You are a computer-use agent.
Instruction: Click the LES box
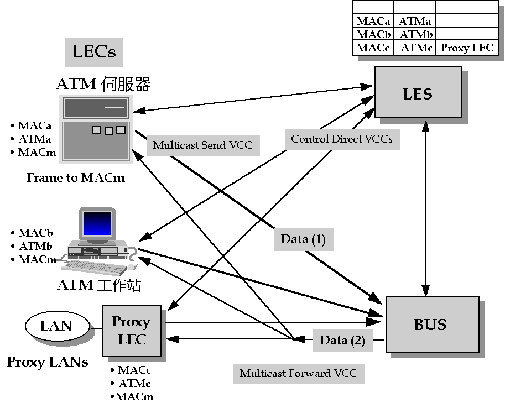(418, 92)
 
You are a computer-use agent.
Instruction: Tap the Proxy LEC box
(132, 330)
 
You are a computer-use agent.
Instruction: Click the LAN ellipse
(57, 326)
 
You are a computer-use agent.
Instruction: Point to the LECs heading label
(94, 52)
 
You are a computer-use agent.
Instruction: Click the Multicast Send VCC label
(202, 145)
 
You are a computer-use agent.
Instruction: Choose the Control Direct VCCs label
(341, 139)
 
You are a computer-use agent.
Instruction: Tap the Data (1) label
(303, 239)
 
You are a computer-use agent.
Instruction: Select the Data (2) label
(342, 341)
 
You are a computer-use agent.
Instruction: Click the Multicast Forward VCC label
(298, 373)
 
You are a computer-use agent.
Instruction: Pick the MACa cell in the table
(373, 22)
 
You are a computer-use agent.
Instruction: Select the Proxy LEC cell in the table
(466, 48)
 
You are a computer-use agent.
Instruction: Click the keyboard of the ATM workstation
(91, 268)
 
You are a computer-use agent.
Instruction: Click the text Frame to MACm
(76, 178)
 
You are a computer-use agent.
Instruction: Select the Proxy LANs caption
(47, 363)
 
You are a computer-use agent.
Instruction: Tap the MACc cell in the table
(373, 48)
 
